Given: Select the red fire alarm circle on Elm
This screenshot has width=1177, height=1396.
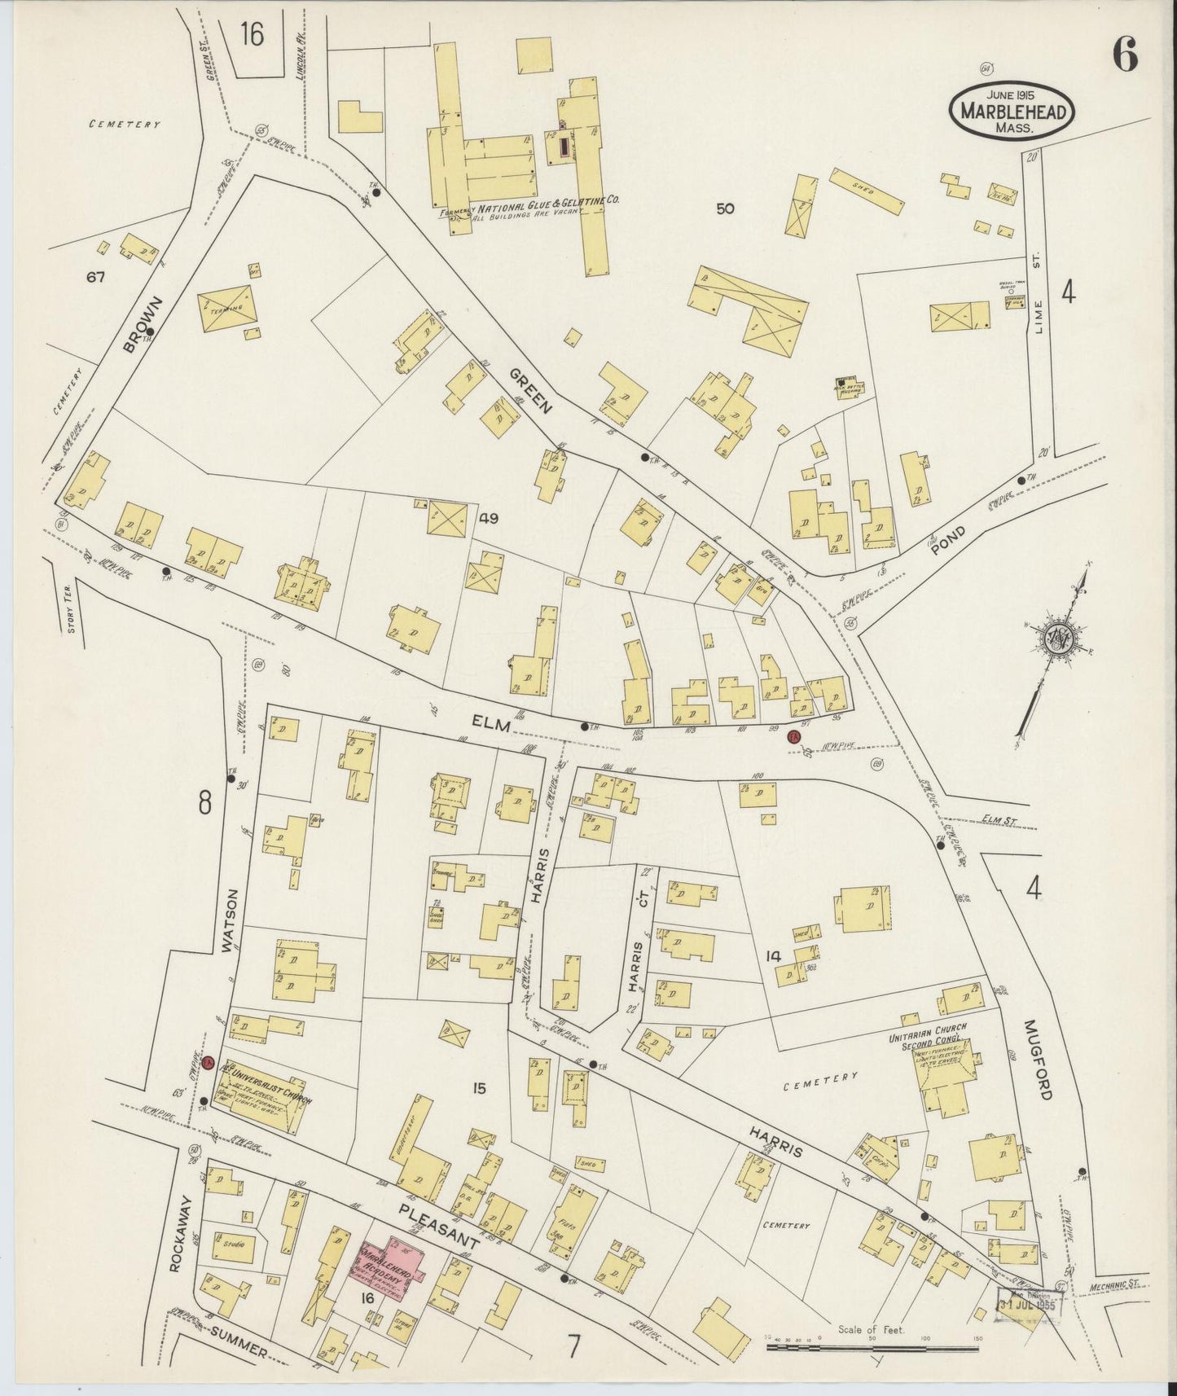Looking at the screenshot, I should pos(795,737).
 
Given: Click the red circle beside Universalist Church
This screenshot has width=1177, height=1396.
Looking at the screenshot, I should pos(209,1064).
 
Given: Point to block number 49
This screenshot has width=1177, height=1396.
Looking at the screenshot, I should pos(489,518).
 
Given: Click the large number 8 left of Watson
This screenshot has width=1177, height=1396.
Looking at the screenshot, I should pos(204,802).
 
